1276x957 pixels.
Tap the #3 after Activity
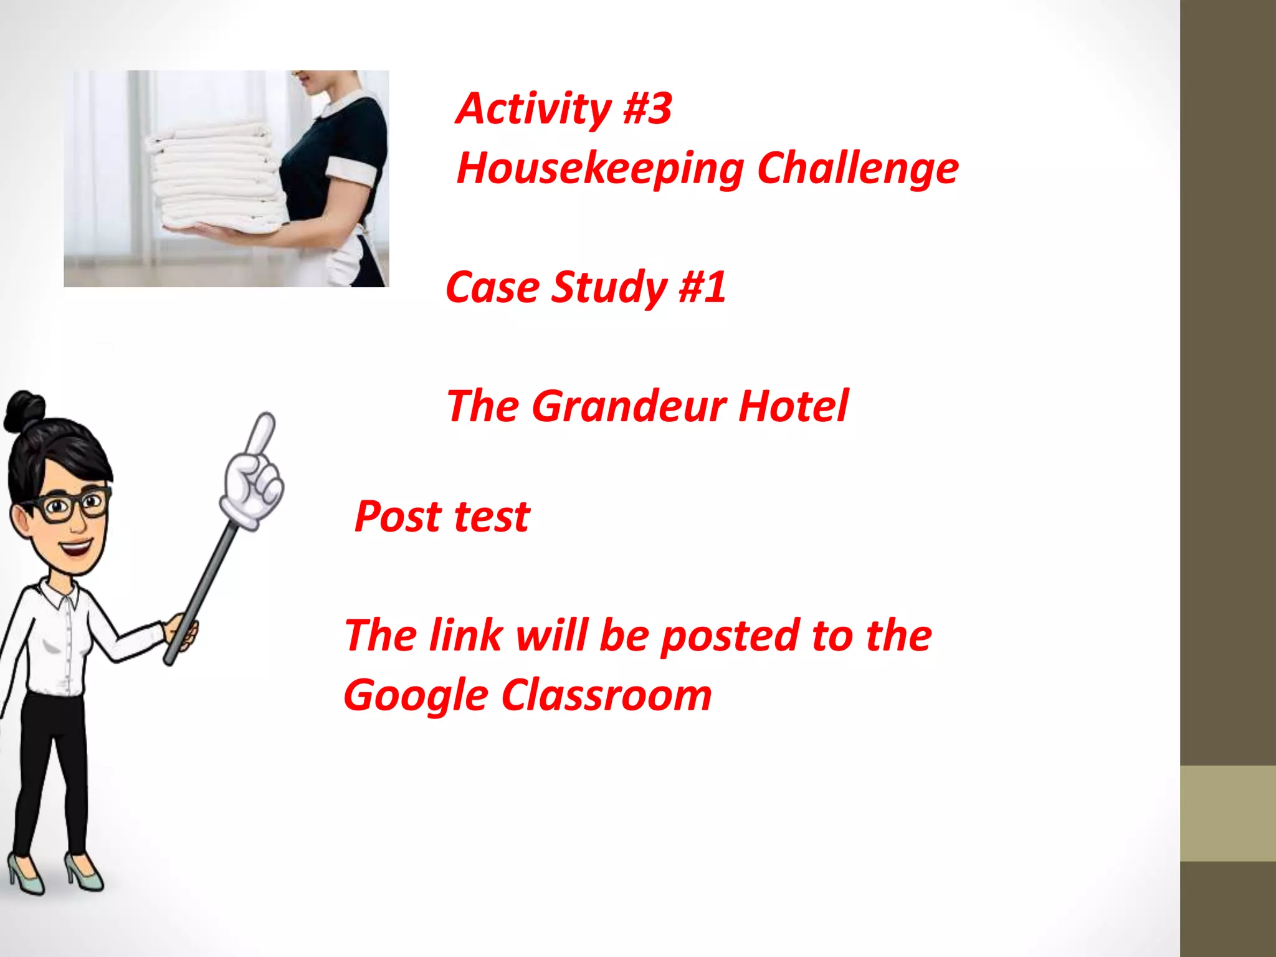tap(647, 109)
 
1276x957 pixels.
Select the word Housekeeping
tap(600, 169)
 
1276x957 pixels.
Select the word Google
tap(416, 696)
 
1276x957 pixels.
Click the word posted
tap(730, 636)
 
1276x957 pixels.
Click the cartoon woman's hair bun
tap(24, 411)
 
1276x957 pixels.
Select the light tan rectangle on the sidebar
tap(1227, 813)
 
